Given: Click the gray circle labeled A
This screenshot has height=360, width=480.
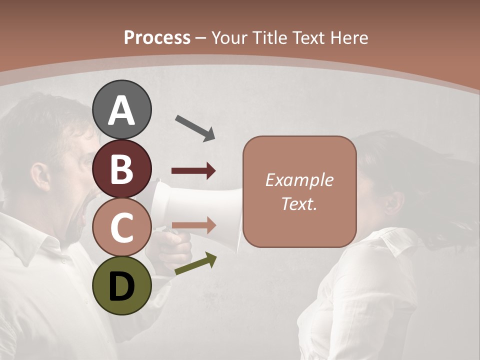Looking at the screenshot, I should pos(121,110).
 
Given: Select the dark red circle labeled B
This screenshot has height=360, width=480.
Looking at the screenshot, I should pos(121,168).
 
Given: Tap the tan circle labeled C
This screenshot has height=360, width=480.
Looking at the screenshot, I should pos(121,227).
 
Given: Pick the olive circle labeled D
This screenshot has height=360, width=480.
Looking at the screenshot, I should pos(121,286).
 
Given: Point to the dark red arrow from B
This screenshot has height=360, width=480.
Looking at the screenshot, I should pos(193,171).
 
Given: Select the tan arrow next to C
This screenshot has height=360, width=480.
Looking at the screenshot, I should pos(193,225).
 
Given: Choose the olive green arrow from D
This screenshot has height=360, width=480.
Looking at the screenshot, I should pos(195,263).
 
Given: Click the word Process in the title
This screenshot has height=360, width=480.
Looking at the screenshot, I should pos(157,37).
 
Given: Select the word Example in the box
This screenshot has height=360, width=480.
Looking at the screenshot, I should pos(299,180).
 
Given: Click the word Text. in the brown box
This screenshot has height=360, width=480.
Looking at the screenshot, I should pos(299,203).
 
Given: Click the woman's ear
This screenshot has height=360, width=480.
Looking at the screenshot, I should pos(395,202).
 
